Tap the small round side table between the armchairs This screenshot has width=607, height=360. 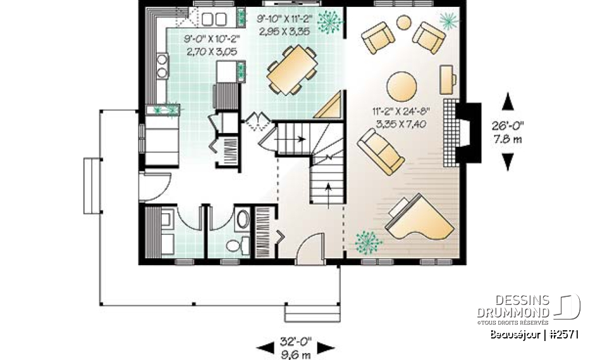point(403,23)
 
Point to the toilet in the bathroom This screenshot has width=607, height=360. point(233,245)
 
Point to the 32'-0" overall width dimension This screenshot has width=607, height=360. point(295,347)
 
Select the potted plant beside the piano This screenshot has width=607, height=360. point(368,241)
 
